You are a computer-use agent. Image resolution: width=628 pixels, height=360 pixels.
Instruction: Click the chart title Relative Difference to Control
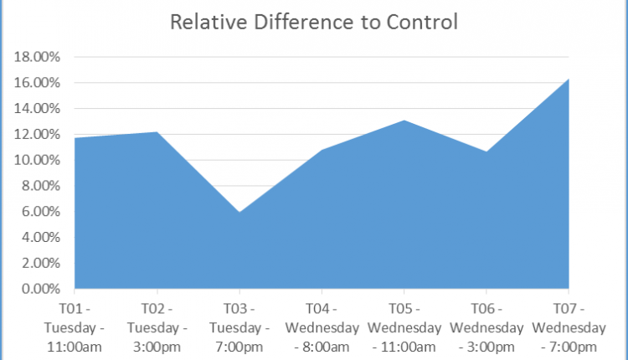tap(314, 22)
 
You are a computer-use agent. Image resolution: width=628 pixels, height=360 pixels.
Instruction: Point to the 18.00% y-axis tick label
tap(38, 57)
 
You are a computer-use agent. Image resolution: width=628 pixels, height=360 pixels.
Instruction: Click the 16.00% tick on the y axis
tap(38, 83)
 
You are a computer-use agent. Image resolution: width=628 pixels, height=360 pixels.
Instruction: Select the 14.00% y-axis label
tap(38, 109)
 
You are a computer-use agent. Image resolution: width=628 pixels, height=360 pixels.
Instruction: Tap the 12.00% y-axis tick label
tap(38, 135)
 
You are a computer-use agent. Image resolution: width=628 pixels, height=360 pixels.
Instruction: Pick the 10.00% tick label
tap(38, 160)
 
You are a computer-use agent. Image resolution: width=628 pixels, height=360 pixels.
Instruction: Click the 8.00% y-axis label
tap(40, 186)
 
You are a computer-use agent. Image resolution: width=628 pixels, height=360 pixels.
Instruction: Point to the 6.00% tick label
tap(40, 212)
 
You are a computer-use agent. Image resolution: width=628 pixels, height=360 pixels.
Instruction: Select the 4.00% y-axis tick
tap(40, 238)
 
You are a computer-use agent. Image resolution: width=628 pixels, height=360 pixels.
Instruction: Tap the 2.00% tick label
tap(40, 264)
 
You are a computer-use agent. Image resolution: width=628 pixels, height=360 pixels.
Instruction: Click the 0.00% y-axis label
tap(40, 290)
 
